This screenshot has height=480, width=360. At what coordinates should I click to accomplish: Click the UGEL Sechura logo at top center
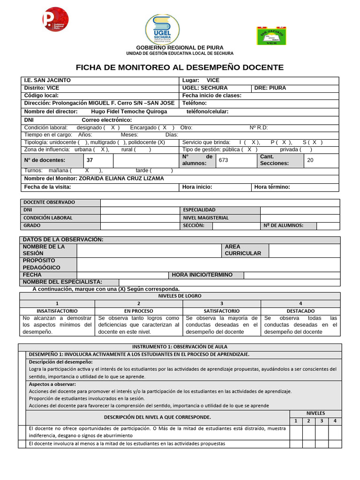(x=162, y=29)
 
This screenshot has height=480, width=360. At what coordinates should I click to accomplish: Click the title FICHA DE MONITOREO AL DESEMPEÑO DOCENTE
(x=180, y=67)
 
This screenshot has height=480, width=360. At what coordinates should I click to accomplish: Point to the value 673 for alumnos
(x=223, y=160)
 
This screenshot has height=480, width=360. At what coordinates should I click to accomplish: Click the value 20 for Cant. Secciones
(x=310, y=160)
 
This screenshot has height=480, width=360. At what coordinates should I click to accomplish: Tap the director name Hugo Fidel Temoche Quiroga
(x=128, y=112)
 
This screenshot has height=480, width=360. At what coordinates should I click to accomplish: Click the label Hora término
(x=272, y=187)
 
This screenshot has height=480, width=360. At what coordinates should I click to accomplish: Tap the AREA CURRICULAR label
(x=243, y=250)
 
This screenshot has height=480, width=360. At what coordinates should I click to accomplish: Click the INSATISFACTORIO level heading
(x=57, y=311)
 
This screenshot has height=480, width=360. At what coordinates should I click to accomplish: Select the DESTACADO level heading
(x=300, y=311)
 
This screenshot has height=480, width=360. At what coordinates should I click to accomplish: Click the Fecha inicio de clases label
(x=212, y=95)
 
